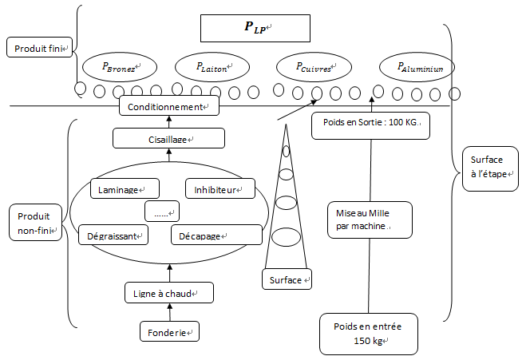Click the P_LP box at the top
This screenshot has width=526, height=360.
pyautogui.click(x=254, y=27)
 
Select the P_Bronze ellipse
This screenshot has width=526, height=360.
pyautogui.click(x=117, y=67)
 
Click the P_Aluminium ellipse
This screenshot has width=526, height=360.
pyautogui.click(x=416, y=68)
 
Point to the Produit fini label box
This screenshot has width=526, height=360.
pyautogui.click(x=40, y=48)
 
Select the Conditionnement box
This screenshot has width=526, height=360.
pyautogui.click(x=168, y=106)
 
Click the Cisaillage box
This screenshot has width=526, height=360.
pyautogui.click(x=168, y=139)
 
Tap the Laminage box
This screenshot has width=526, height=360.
pyautogui.click(x=124, y=189)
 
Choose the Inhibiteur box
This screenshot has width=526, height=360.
pyautogui.click(x=219, y=189)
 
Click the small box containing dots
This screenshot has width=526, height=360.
pyautogui.click(x=162, y=212)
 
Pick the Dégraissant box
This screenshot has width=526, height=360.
pyautogui.click(x=115, y=235)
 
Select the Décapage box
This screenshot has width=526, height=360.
pyautogui.click(x=216, y=235)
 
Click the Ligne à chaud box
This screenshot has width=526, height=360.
pyautogui.click(x=168, y=293)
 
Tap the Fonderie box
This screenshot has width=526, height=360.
pyautogui.click(x=168, y=330)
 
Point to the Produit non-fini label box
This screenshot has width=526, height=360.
pyautogui.click(x=37, y=223)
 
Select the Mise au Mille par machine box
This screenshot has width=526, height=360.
pyautogui.click(x=370, y=220)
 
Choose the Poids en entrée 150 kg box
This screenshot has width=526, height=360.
pyautogui.click(x=369, y=333)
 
